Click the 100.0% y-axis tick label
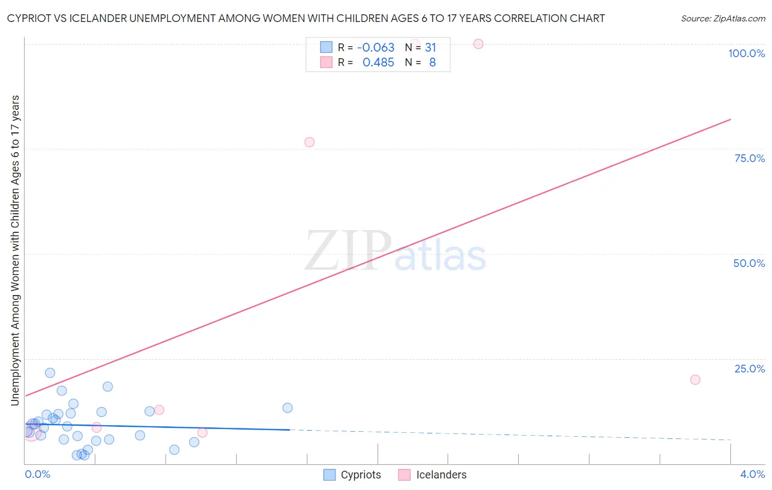pos(746,53)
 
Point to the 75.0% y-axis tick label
pos(749,158)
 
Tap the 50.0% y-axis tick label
pos(749,263)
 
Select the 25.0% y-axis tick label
pos(749,369)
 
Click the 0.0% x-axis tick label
pos(37,474)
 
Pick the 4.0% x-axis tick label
pos(752,474)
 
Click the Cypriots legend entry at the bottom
pos(360,475)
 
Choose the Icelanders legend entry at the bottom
pos(441,475)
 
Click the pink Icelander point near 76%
pos(310,142)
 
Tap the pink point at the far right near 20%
pos(695,380)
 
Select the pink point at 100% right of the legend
pos(478,44)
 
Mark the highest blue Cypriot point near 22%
pos(50,373)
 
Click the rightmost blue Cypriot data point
pos(287,408)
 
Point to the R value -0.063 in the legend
pos(376,48)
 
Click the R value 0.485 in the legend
pos(378,63)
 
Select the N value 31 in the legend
pos(430,48)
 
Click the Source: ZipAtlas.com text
pos(723,19)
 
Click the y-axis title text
pos(15,250)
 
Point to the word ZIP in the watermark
pos(348,251)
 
